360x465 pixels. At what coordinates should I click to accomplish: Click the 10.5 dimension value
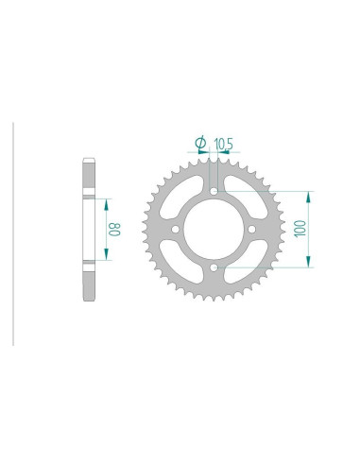pos(224,144)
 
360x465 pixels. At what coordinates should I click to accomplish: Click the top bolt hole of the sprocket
pos(214,190)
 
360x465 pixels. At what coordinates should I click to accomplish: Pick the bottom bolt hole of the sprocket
pos(214,269)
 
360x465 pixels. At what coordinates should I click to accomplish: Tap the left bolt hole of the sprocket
pos(175,230)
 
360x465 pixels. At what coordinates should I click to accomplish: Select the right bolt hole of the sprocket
pos(254,230)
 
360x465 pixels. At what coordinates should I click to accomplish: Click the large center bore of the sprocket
pos(214,230)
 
